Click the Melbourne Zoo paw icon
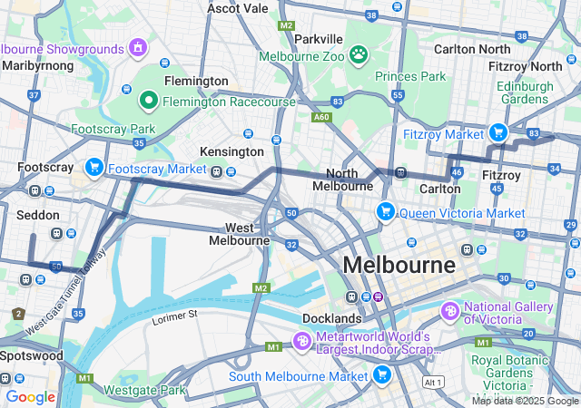tap(360, 54)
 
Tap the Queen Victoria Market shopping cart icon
tap(386, 212)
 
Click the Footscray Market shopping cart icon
tap(94, 168)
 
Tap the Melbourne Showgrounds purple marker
tap(138, 47)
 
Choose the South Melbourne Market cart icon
tap(382, 374)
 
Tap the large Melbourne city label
tap(399, 266)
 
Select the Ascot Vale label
tap(238, 8)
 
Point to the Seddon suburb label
tap(38, 216)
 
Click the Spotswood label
tap(31, 355)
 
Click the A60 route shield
tap(320, 117)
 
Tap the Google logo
tap(30, 396)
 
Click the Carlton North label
tap(472, 48)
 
